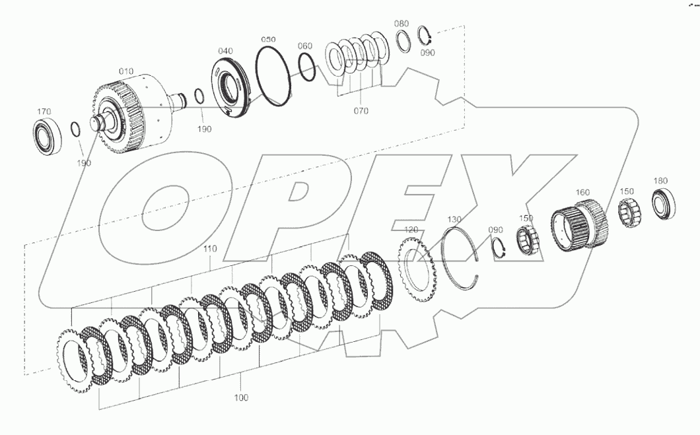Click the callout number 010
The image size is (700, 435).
tap(126, 71)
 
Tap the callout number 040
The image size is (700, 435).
tap(225, 51)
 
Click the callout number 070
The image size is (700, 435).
tap(361, 111)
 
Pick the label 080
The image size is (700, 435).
tap(402, 23)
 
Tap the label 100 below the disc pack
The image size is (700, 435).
tap(241, 397)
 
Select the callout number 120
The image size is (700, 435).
tap(411, 229)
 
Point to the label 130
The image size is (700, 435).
tap(454, 218)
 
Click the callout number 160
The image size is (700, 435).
tap(582, 192)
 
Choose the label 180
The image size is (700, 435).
tap(660, 180)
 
